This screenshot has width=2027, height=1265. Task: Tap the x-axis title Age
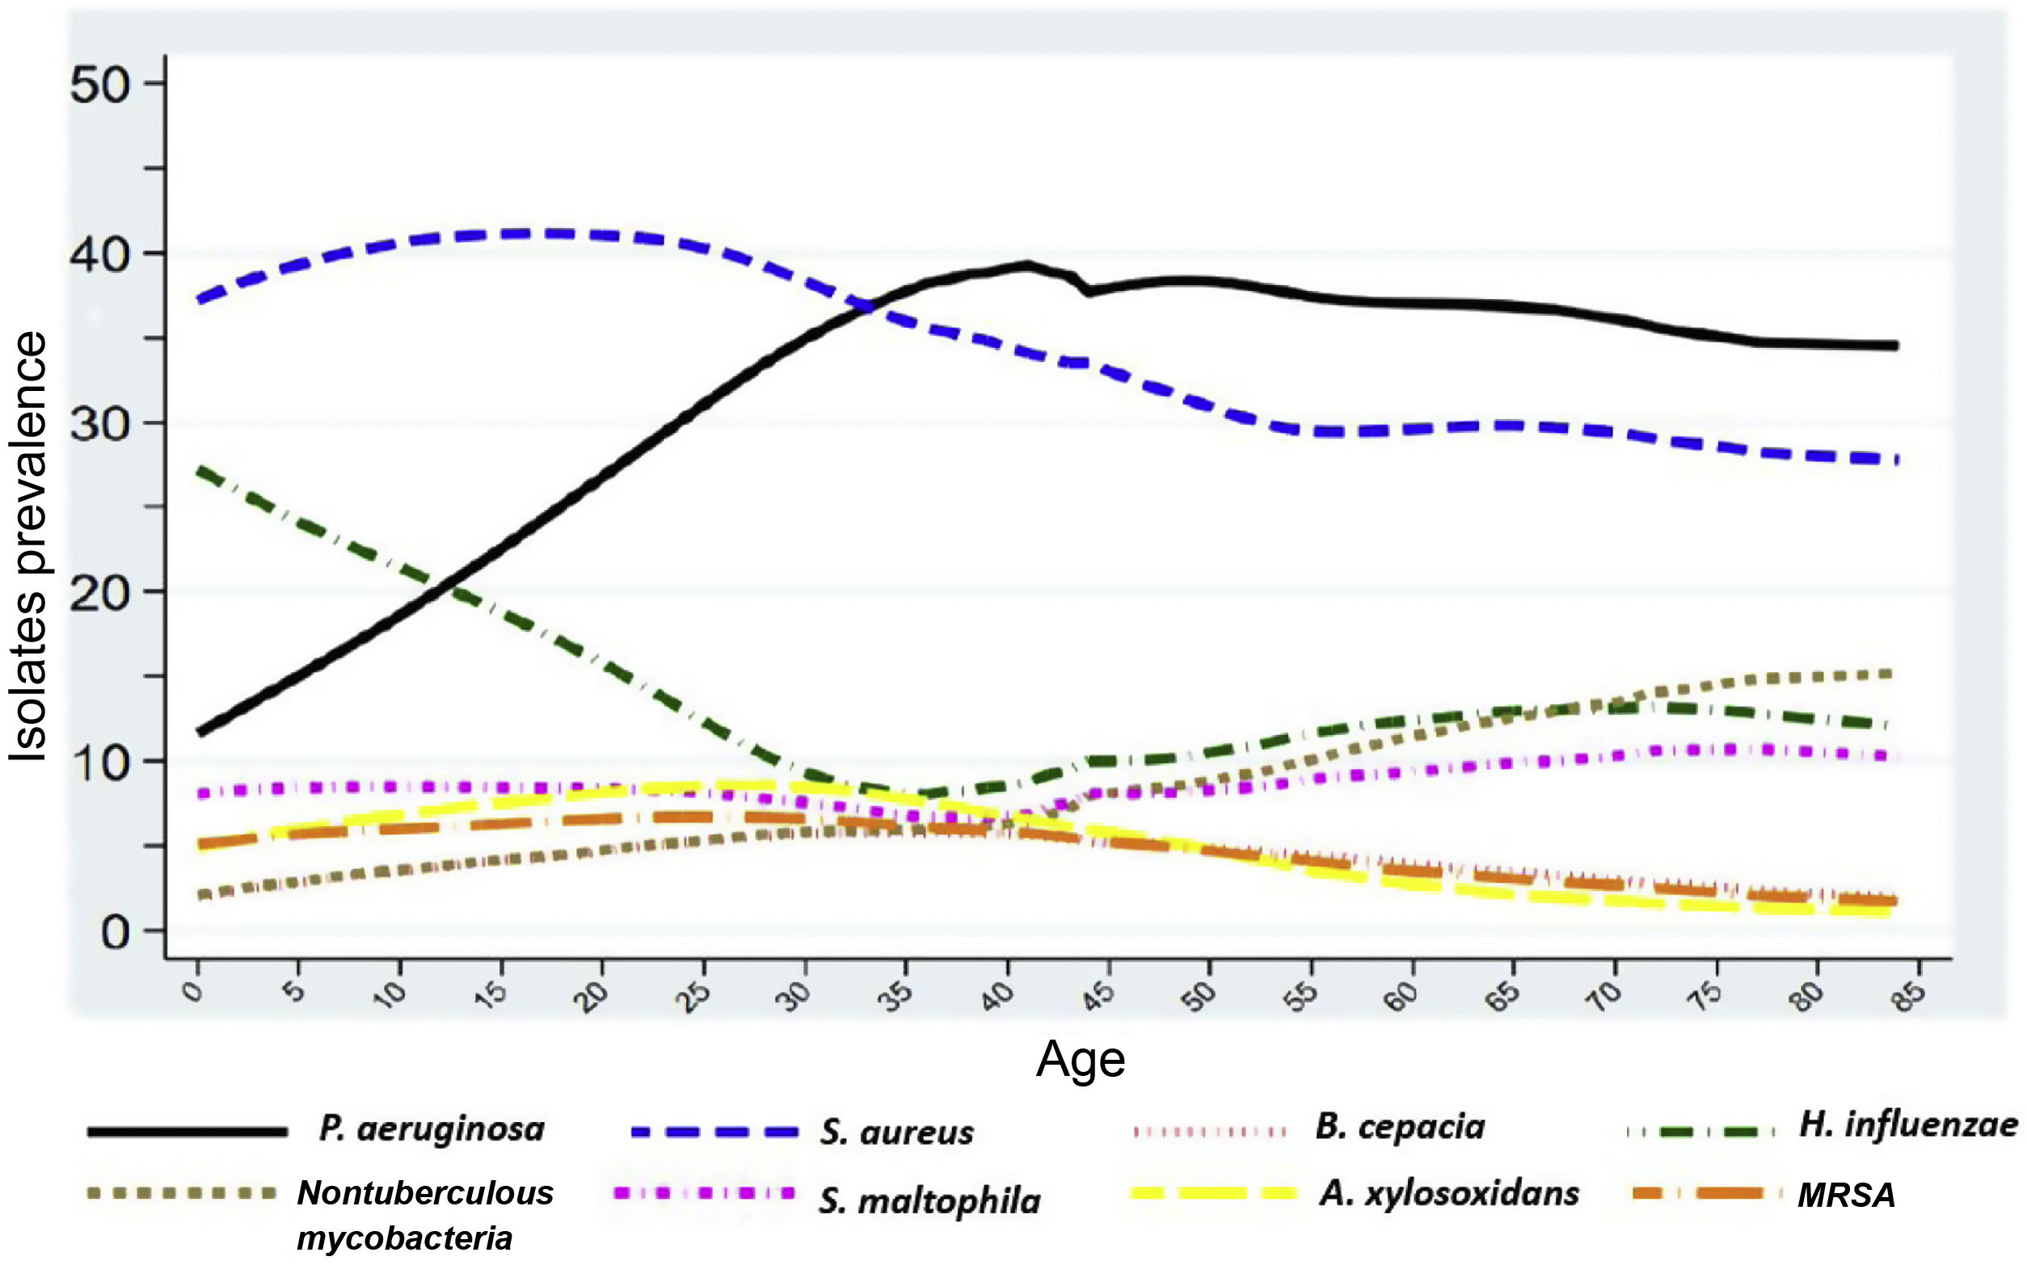pos(1080,1061)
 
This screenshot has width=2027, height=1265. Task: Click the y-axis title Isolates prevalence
pos(28,547)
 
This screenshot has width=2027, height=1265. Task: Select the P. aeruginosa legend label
pos(431,1129)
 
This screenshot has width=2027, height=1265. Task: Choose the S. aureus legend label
pos(896,1133)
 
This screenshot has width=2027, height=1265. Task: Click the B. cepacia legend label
pos(1399,1127)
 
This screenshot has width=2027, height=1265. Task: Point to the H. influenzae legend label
pos(1907,1125)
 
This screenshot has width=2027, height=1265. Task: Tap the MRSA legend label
pos(1845,1196)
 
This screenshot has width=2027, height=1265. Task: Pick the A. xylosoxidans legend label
pos(1448,1194)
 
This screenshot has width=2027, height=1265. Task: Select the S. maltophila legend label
pos(929,1201)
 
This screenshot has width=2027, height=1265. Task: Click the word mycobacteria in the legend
pos(404,1238)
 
